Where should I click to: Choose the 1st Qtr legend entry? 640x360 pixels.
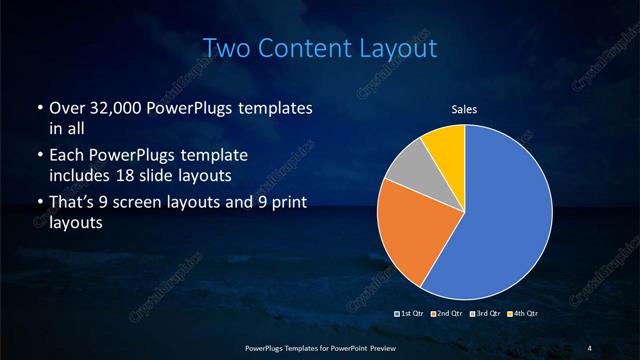pos(411,314)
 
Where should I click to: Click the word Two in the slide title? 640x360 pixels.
pos(225,48)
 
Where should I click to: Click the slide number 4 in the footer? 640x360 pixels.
pos(590,347)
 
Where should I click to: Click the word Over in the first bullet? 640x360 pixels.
pos(65,108)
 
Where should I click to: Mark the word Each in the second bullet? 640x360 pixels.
pos(65,157)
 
